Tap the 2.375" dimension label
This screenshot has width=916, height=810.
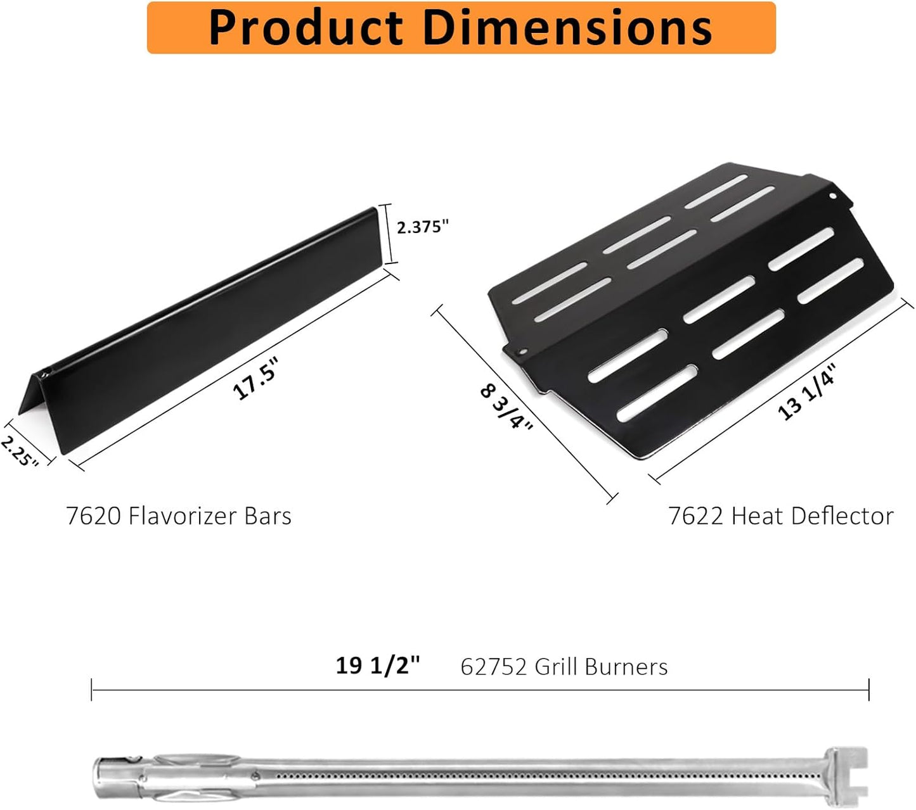tap(423, 227)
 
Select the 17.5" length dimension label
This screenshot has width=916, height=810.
tap(255, 378)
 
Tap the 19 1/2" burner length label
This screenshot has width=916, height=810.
tap(378, 666)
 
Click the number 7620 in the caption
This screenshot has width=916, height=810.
tap(94, 516)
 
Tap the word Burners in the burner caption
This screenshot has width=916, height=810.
tap(626, 667)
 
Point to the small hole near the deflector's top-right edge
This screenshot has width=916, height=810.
tap(833, 196)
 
